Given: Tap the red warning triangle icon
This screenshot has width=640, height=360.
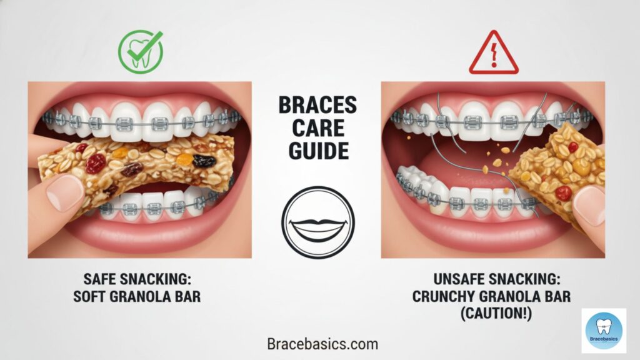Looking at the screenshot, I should pyautogui.click(x=493, y=54).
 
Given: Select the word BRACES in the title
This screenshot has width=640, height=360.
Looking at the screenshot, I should pyautogui.click(x=317, y=106).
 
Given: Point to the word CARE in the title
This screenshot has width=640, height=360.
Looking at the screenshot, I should pyautogui.click(x=317, y=129).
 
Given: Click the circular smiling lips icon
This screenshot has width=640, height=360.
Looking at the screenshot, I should pyautogui.click(x=317, y=222).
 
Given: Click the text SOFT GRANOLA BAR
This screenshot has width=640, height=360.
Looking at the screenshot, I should pyautogui.click(x=139, y=296).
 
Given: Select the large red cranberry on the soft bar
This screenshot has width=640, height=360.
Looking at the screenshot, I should pyautogui.click(x=96, y=163).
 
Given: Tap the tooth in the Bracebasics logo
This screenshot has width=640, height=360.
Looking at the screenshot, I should pyautogui.click(x=604, y=324).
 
